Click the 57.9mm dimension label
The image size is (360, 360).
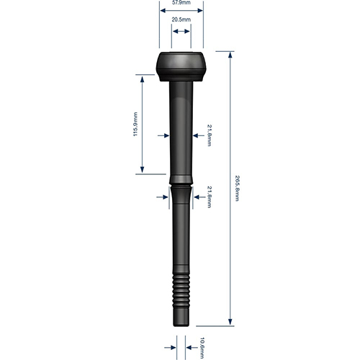[181, 3]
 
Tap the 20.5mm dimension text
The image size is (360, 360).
[181, 19]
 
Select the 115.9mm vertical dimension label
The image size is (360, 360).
[135, 124]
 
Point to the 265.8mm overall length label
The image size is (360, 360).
[237, 189]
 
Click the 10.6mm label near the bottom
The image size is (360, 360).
[202, 348]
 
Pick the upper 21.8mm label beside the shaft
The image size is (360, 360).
[210, 135]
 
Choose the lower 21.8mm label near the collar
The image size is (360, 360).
[210, 197]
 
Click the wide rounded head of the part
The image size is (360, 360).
[181, 66]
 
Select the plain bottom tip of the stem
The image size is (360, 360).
[181, 318]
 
